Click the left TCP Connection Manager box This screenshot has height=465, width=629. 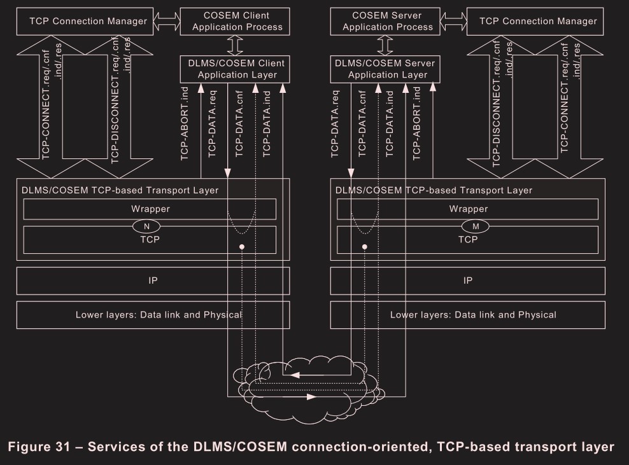[x=88, y=21]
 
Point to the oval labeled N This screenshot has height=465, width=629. [x=147, y=225]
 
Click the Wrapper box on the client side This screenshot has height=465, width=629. [x=150, y=209]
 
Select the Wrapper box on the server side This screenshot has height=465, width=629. [x=468, y=209]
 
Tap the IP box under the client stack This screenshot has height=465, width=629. [x=150, y=280]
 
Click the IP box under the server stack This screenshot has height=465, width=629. [x=468, y=280]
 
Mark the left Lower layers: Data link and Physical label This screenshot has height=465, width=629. [x=159, y=314]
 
